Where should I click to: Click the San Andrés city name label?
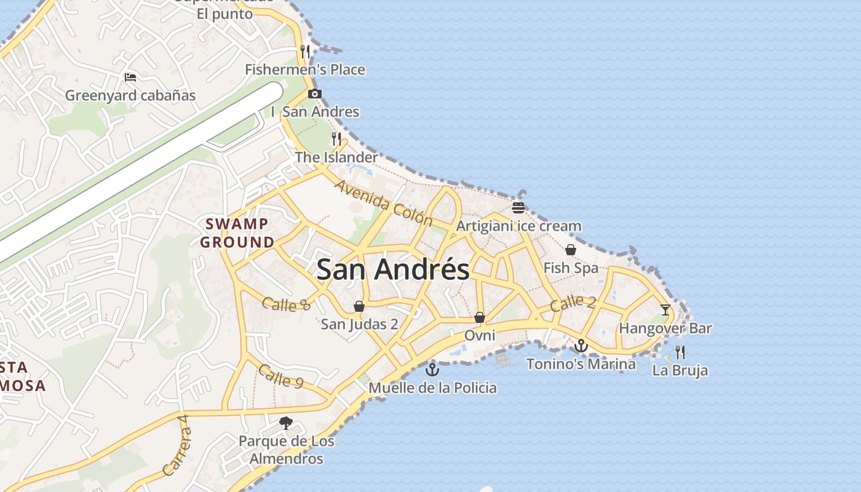(393, 270)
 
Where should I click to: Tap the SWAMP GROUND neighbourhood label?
(237, 233)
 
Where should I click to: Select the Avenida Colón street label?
(384, 204)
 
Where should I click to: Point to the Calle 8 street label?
(286, 303)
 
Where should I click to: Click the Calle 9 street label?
(280, 376)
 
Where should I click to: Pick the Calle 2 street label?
(573, 303)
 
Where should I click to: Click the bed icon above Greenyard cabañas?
(130, 77)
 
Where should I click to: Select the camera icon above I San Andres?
(315, 94)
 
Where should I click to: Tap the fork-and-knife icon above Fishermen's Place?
(305, 51)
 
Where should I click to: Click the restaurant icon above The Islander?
(336, 139)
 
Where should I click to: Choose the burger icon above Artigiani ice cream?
(518, 207)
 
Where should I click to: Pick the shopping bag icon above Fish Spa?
(571, 250)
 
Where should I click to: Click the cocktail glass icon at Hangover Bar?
(665, 309)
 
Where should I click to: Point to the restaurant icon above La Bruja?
(680, 352)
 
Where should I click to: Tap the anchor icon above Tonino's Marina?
(581, 346)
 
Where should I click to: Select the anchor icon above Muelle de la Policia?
(432, 370)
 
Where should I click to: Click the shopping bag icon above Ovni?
(480, 317)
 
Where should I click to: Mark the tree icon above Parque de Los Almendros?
(286, 423)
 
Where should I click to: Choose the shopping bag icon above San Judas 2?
(359, 306)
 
